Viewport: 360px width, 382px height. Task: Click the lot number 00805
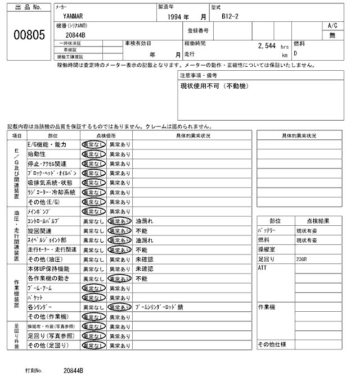[x=29, y=36]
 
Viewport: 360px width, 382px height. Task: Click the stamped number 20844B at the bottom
[x=73, y=371]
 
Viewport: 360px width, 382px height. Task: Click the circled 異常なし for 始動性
[x=93, y=154]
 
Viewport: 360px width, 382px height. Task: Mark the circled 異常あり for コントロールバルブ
[x=120, y=221]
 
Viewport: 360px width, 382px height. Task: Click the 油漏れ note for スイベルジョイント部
[x=145, y=240]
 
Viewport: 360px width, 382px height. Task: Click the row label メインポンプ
[x=39, y=211]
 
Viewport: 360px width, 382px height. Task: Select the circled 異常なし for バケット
[x=93, y=297]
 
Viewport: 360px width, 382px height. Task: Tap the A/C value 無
[x=332, y=35]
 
